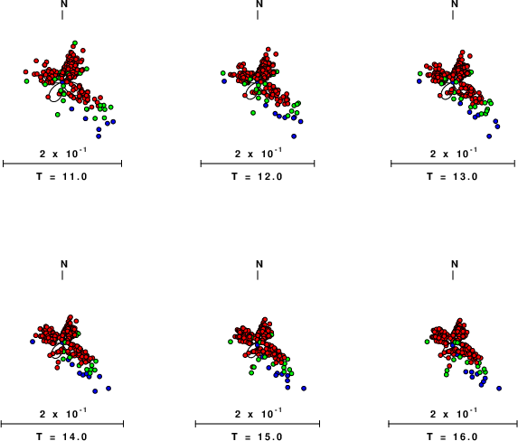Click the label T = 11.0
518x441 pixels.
(x=61, y=177)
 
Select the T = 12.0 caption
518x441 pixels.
(x=257, y=177)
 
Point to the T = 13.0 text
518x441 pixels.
(x=452, y=177)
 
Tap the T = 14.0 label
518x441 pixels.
(x=61, y=436)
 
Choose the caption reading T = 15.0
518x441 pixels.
(x=257, y=436)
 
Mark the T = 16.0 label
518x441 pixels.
(x=452, y=436)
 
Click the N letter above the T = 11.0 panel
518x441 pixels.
(x=64, y=4)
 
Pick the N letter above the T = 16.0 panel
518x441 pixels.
(x=455, y=264)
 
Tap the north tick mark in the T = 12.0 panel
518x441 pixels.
(x=258, y=14)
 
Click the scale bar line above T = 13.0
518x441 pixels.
(x=453, y=164)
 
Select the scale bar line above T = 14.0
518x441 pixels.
(x=62, y=424)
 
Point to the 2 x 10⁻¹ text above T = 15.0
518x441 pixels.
(x=259, y=413)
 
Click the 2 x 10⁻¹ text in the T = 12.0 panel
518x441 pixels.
(x=259, y=153)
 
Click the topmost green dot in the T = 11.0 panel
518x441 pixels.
(x=75, y=43)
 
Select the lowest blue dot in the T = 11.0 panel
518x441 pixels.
(x=99, y=136)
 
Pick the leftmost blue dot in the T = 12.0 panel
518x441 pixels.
(x=224, y=81)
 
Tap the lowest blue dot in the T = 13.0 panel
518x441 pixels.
(x=489, y=136)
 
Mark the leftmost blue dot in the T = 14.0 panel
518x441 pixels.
(x=33, y=342)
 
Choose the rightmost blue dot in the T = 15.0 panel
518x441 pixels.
(x=304, y=389)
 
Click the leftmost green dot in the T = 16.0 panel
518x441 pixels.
(x=428, y=342)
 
